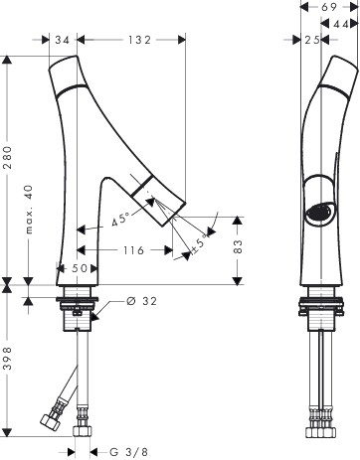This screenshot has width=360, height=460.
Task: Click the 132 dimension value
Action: pyautogui.click(x=139, y=40)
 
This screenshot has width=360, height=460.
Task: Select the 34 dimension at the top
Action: pyautogui.click(x=63, y=40)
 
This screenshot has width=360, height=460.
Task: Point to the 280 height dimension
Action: pyautogui.click(x=7, y=158)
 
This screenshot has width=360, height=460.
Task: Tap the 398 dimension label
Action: pyautogui.click(x=7, y=359)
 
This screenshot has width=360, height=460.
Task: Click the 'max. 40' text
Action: pyautogui.click(x=30, y=210)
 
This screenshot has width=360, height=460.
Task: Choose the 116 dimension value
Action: pyautogui.click(x=134, y=250)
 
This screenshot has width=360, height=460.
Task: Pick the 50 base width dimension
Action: pyautogui.click(x=80, y=268)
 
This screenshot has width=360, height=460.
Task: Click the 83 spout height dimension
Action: pyautogui.click(x=238, y=246)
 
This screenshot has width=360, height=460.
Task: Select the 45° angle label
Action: pyautogui.click(x=120, y=220)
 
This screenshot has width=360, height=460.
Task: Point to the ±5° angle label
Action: pyautogui.click(x=199, y=244)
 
